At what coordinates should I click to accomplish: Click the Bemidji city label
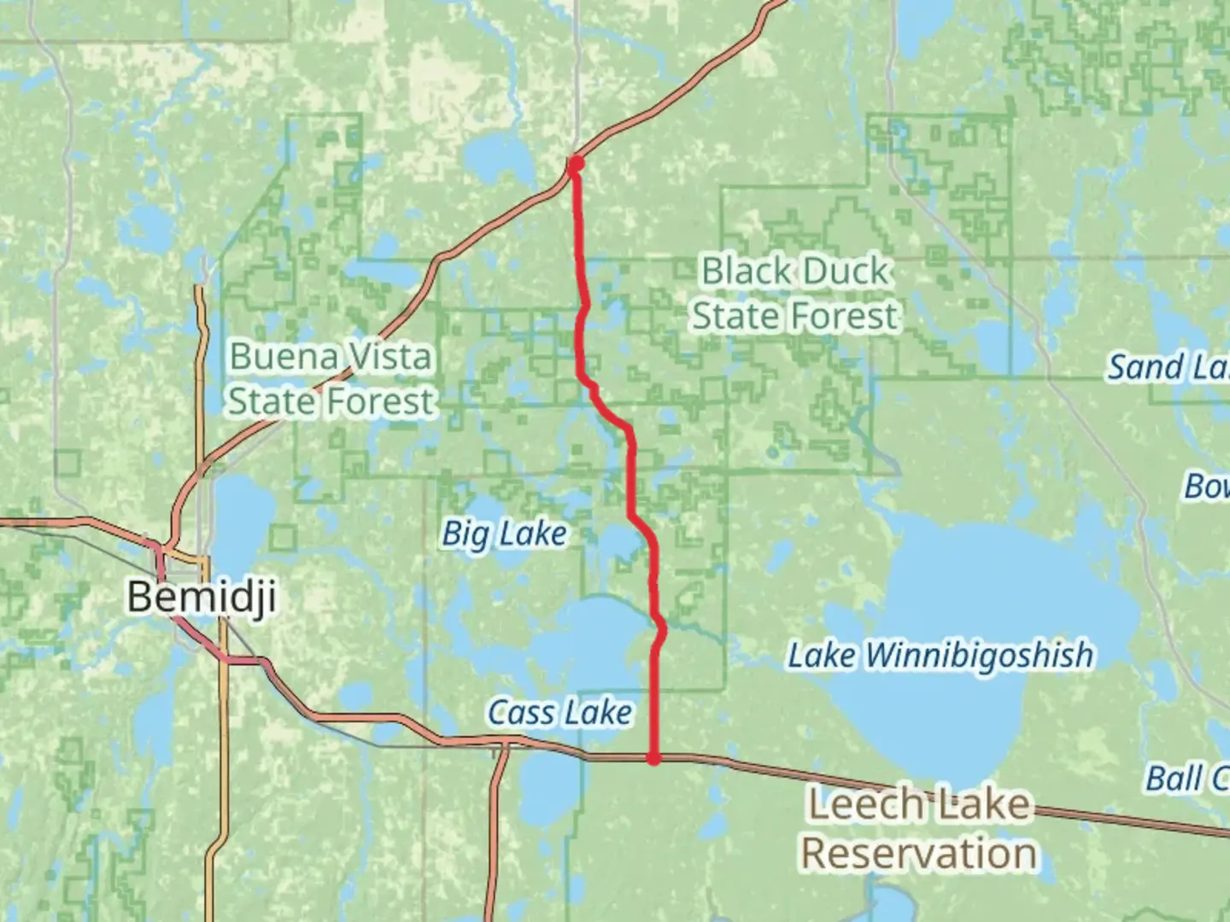[x=202, y=595]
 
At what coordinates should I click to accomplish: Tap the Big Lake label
[x=504, y=534]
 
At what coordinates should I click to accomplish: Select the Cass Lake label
[x=559, y=712]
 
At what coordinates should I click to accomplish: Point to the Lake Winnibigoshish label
[x=940, y=656]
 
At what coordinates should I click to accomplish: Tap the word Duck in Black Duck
[x=846, y=271]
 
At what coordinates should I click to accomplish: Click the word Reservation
[x=919, y=853]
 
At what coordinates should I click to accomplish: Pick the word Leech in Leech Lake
[x=852, y=804]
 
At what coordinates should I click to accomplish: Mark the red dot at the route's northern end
[x=577, y=163]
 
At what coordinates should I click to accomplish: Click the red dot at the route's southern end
[x=653, y=758]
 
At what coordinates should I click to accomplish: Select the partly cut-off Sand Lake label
[x=1168, y=367]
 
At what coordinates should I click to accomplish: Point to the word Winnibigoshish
[x=979, y=656]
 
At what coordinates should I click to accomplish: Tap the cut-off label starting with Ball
[x=1186, y=779]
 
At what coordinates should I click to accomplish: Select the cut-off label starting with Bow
[x=1205, y=487]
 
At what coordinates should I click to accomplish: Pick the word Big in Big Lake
[x=465, y=535]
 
